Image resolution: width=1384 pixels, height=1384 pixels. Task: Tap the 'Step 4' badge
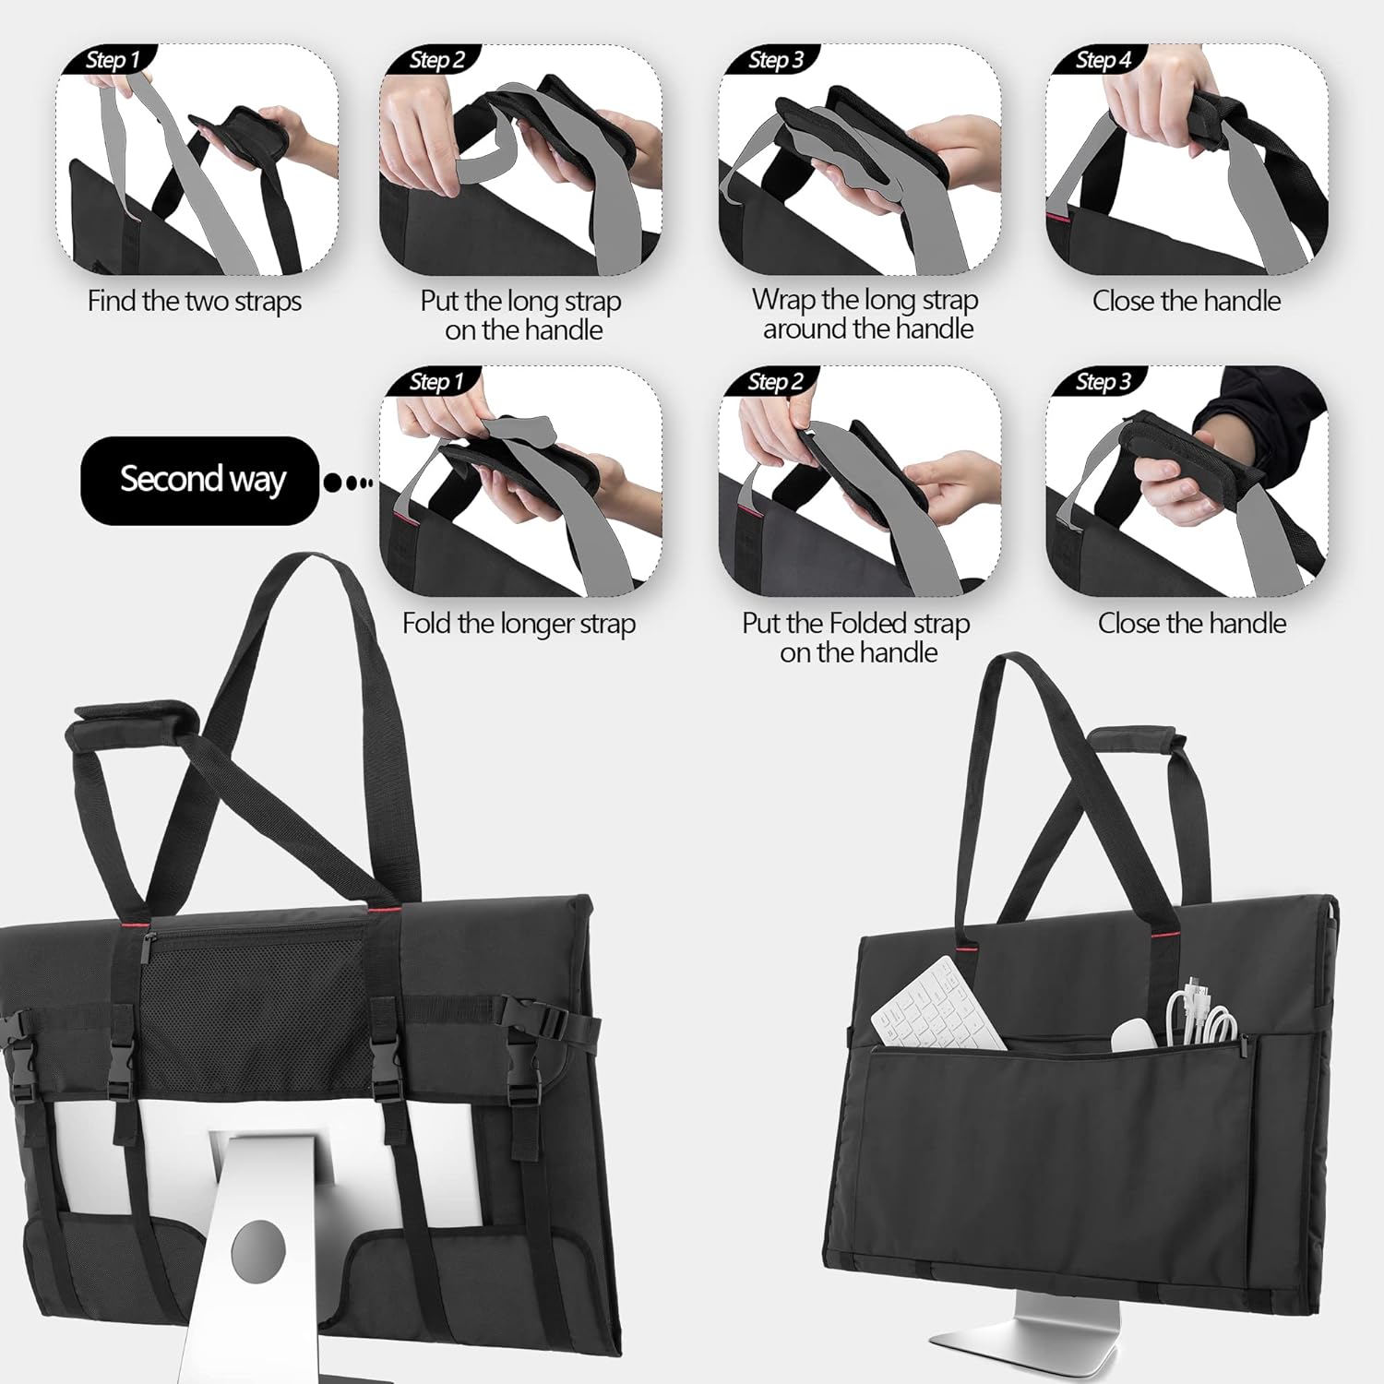1103,61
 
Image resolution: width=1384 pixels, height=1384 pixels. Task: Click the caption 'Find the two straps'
195,302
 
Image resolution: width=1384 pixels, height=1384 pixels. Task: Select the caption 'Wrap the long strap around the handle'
865,314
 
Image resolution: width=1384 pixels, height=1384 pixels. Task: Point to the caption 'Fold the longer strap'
519,625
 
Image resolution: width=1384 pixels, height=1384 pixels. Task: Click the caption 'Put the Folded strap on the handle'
856,638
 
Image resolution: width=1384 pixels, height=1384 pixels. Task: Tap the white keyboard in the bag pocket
937,1006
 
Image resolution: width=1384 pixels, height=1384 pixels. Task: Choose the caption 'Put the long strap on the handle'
521,316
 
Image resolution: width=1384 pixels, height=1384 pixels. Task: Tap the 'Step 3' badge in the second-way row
1103,382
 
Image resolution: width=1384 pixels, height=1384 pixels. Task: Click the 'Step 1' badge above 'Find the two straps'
112,61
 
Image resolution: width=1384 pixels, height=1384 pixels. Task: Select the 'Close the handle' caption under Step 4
1187,302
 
